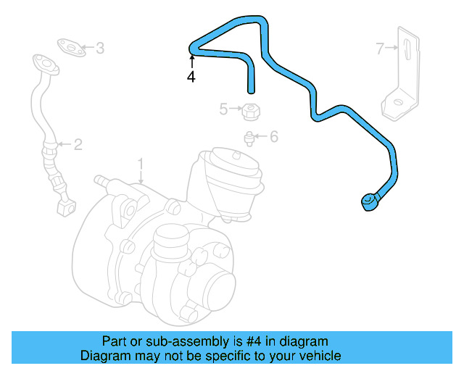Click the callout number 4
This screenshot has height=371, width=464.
tap(191, 77)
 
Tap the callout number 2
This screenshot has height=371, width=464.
tap(78, 145)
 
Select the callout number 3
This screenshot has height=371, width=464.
tap(100, 49)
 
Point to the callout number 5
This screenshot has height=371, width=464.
tap(225, 109)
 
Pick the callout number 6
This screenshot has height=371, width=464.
tap(274, 136)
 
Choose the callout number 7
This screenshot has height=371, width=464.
tap(380, 49)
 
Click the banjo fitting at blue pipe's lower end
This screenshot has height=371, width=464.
tap(370, 201)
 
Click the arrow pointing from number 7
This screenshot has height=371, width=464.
tap(391, 49)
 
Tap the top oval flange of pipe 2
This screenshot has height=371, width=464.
tap(45, 64)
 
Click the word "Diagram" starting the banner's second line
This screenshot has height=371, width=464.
tap(103, 356)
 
